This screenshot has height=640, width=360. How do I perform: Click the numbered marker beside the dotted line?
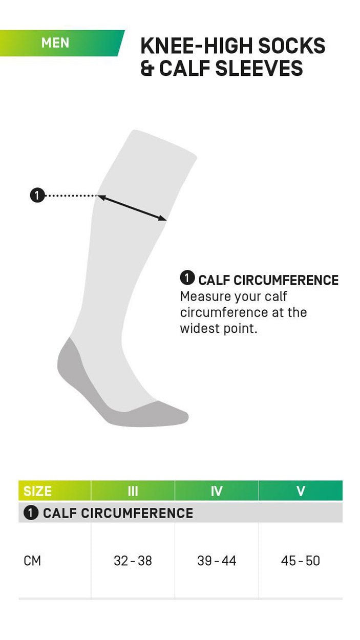(37, 195)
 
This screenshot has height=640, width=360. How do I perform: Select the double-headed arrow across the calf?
(133, 208)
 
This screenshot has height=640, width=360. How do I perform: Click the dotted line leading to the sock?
(71, 195)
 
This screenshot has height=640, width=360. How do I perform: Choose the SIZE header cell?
(38, 491)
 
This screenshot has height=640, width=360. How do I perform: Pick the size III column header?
(133, 491)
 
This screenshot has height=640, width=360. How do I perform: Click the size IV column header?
(217, 491)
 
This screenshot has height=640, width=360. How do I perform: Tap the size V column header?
(301, 491)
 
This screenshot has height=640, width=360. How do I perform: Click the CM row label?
(32, 561)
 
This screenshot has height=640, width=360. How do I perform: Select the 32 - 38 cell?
(133, 561)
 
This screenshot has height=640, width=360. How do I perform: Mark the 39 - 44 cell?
(217, 561)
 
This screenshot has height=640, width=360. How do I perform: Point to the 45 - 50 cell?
(301, 561)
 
